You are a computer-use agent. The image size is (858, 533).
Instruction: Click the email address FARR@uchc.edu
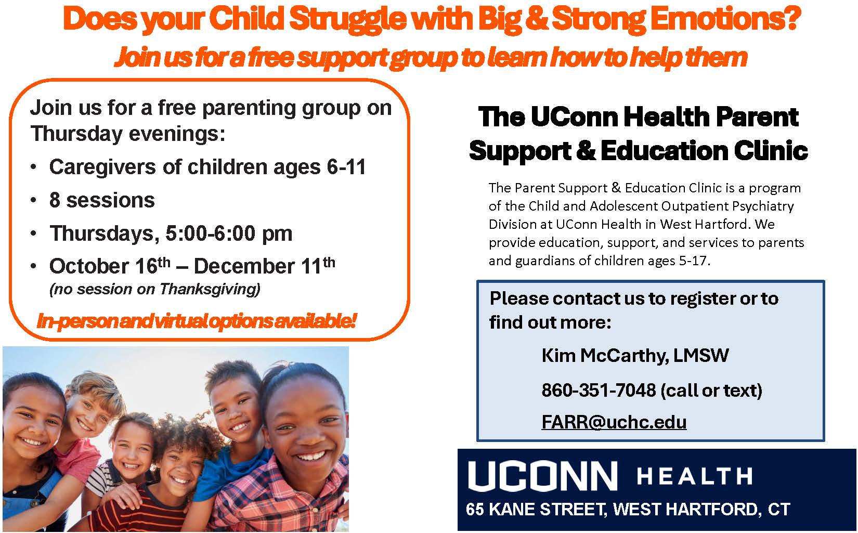pyautogui.click(x=614, y=422)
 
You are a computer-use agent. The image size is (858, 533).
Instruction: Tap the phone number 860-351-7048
pyautogui.click(x=599, y=390)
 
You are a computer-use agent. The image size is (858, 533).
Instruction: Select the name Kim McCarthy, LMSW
pyautogui.click(x=635, y=355)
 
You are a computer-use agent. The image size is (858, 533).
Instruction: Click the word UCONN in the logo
pyautogui.click(x=542, y=476)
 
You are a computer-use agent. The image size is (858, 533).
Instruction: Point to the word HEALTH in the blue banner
pyautogui.click(x=694, y=476)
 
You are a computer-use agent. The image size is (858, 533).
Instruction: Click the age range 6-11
pyautogui.click(x=346, y=167)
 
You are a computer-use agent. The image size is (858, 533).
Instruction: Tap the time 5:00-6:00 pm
pyautogui.click(x=229, y=233)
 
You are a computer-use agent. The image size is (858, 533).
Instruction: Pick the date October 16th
pyautogui.click(x=110, y=266)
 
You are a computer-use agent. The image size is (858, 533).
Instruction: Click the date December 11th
pyautogui.click(x=264, y=266)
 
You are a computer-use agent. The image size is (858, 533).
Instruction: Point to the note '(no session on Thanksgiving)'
pyautogui.click(x=155, y=289)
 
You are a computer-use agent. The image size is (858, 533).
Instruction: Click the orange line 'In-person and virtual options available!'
pyautogui.click(x=197, y=321)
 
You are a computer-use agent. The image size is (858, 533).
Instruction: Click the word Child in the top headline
pyautogui.click(x=247, y=19)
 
